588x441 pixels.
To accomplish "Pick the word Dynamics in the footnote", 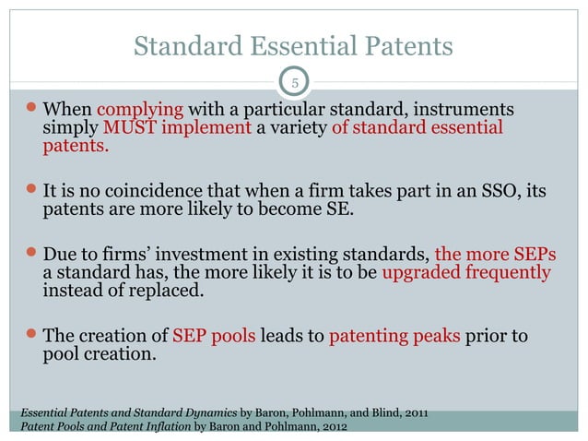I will click(206, 411).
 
